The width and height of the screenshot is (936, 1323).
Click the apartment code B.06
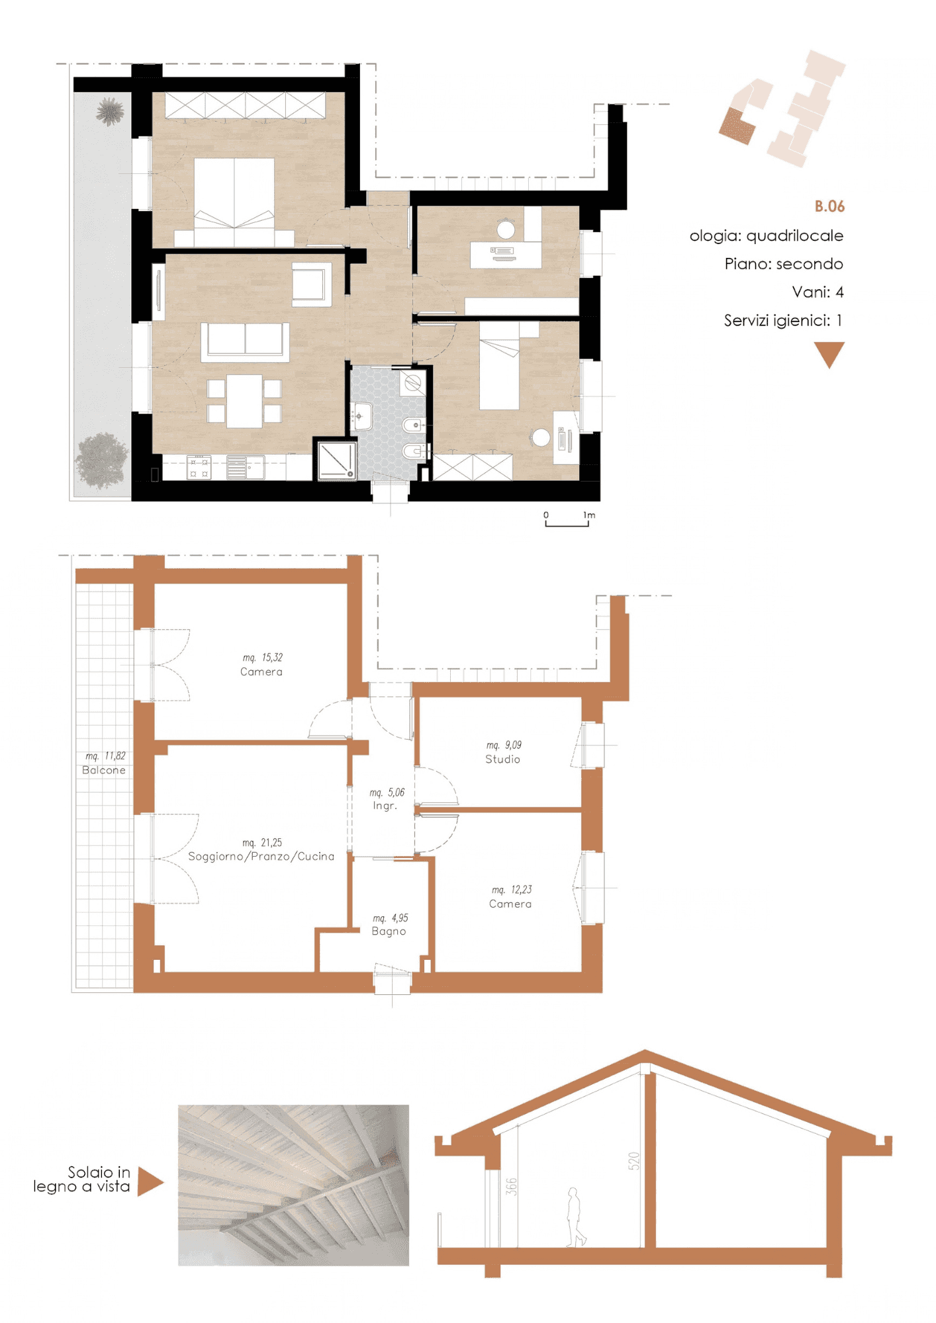click(x=829, y=206)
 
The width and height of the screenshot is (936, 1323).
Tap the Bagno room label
click(x=389, y=931)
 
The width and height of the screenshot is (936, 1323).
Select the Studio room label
click(x=502, y=759)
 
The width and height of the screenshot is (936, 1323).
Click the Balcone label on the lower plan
click(x=104, y=770)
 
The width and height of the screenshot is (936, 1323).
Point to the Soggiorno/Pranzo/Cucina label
click(x=261, y=856)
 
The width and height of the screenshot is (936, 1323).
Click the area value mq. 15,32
click(x=262, y=658)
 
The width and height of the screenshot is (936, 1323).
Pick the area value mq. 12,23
click(x=511, y=890)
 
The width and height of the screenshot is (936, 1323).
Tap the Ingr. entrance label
click(x=385, y=806)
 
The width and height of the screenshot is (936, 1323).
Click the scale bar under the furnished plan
click(x=567, y=523)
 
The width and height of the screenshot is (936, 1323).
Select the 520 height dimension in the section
click(x=634, y=1161)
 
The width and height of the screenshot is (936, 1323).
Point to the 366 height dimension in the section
click(x=511, y=1187)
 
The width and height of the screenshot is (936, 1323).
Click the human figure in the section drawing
click(x=575, y=1217)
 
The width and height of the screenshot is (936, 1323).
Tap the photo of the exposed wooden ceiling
click(x=293, y=1185)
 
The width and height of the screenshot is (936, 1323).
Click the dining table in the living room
click(x=244, y=401)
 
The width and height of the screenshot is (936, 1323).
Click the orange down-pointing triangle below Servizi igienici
click(x=829, y=353)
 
